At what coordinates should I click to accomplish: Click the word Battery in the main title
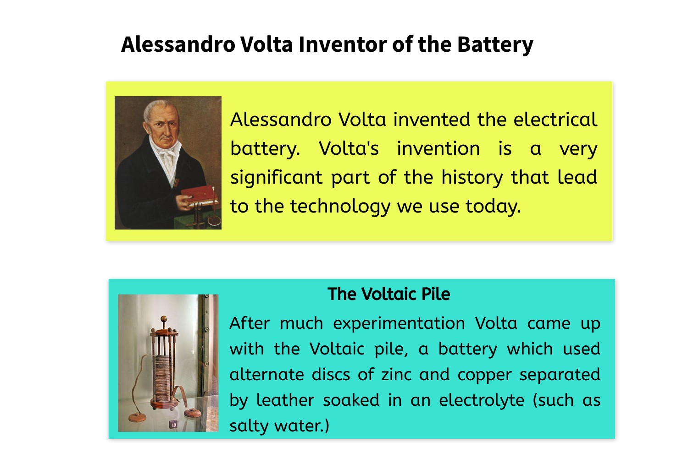[x=495, y=45]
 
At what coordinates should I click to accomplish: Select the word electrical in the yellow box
[x=555, y=120]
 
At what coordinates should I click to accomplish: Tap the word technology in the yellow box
[x=340, y=207]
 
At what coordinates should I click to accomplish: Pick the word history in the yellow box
[x=472, y=178]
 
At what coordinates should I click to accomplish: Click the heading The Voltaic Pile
[x=389, y=294]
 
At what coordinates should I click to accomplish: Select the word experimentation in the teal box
[x=399, y=323]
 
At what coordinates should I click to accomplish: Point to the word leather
[x=285, y=400]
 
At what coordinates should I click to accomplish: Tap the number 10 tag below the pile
[x=174, y=425]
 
